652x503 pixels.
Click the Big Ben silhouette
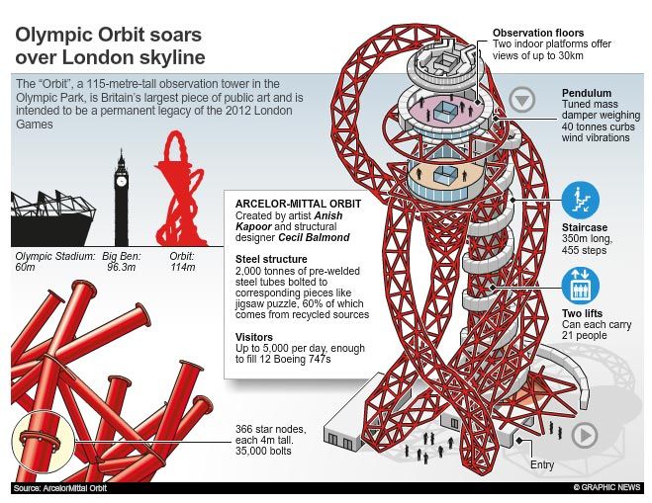(122, 198)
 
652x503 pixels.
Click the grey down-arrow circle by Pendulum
(522, 99)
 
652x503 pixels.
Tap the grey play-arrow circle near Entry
(585, 435)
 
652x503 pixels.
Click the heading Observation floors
(545, 34)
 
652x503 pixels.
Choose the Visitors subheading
(255, 335)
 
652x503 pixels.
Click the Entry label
(541, 464)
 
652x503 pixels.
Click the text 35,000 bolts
(264, 453)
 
